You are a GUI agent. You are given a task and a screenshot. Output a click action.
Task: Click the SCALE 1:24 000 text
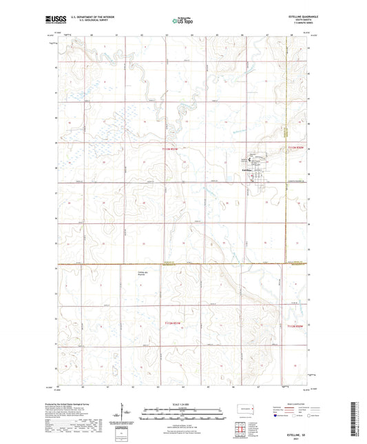coord(180,402)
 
